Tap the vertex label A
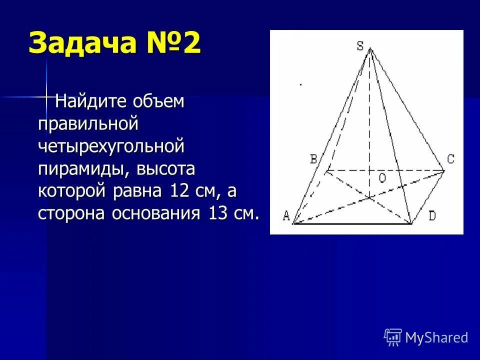[x=286, y=216]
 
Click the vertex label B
[x=313, y=159]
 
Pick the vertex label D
[x=432, y=216]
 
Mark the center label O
[x=381, y=178]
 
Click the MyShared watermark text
[x=436, y=337]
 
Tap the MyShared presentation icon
[x=393, y=337]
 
